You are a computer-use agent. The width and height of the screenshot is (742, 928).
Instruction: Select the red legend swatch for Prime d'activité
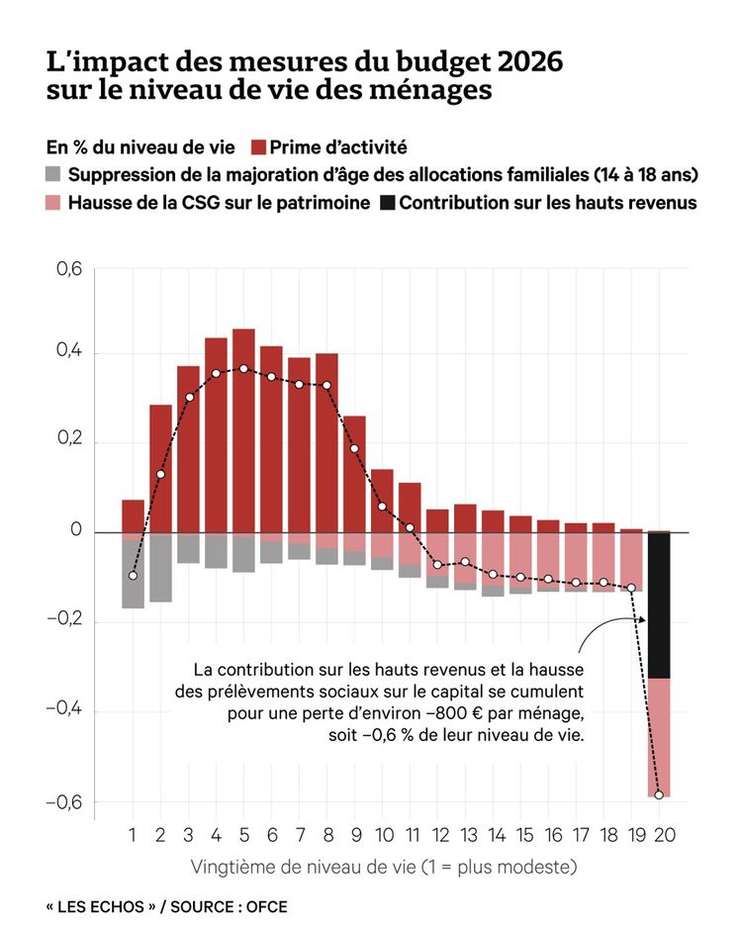coord(259,147)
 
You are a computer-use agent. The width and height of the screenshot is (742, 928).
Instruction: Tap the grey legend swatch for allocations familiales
coord(54,175)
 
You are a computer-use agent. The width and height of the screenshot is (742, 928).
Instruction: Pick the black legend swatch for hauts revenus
coord(386,203)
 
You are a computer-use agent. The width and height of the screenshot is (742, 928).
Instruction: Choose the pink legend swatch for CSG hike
coord(54,203)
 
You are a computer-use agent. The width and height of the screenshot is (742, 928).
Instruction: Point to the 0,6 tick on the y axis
coord(66,267)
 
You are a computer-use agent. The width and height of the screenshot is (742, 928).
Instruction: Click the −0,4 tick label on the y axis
coord(63,711)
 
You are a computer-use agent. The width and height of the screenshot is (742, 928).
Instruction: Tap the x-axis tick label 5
coord(243,836)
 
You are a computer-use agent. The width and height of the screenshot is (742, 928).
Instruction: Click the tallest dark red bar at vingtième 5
coord(243,430)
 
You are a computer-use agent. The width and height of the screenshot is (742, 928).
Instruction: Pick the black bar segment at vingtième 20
coord(660,604)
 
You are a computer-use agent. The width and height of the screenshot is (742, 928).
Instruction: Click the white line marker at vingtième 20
coord(659,794)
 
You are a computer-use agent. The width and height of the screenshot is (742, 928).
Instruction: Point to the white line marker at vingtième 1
coord(134,576)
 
